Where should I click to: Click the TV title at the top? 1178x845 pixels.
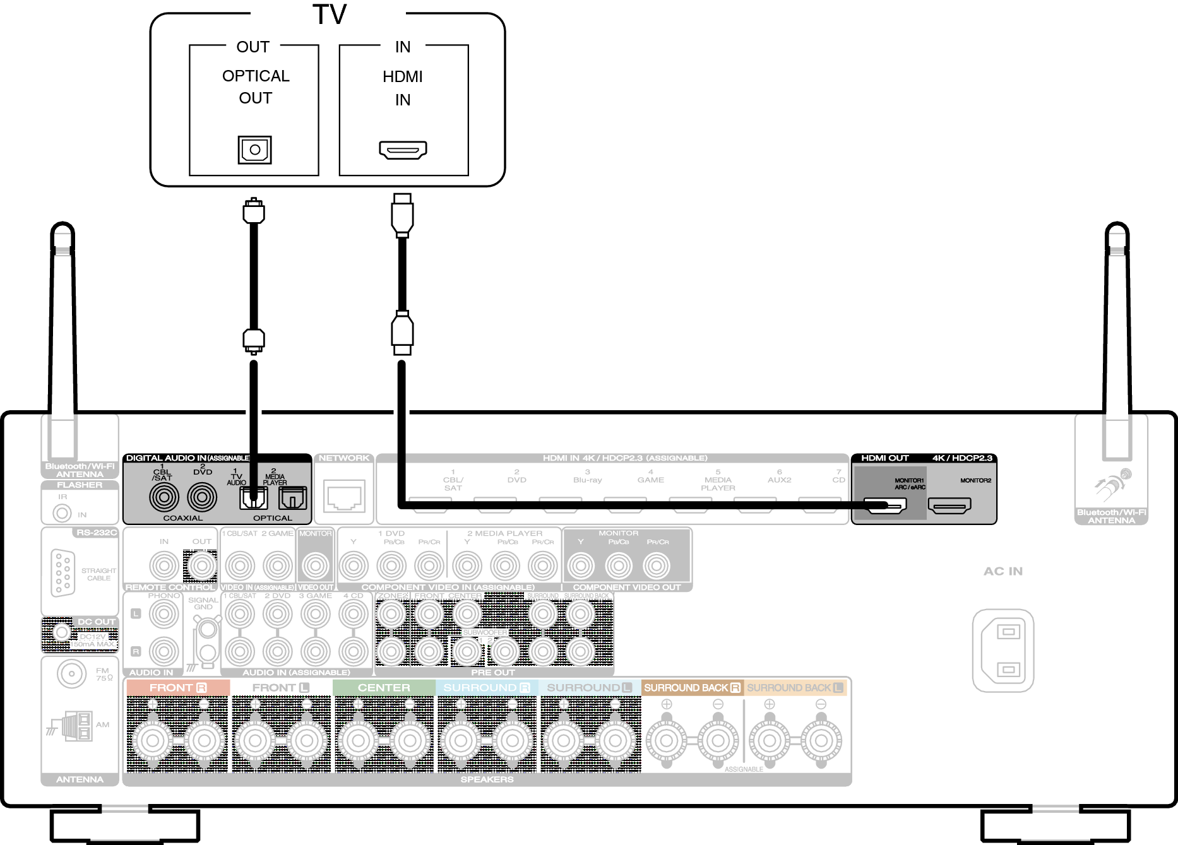[329, 15]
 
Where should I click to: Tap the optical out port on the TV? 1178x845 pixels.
[254, 150]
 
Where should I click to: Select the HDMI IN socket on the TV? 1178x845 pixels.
[403, 150]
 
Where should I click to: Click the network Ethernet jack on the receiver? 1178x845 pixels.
[344, 496]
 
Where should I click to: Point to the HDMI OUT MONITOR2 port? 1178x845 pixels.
[949, 505]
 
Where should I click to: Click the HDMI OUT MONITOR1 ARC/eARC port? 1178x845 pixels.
[885, 505]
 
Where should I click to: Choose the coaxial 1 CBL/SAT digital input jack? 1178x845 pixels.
[164, 497]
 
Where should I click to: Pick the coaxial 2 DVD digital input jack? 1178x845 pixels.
[202, 497]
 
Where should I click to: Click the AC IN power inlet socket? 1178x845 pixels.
[1002, 650]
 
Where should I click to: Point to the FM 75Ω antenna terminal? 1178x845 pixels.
[71, 674]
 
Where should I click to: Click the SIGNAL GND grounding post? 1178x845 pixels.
[208, 629]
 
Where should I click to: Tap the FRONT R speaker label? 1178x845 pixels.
[178, 688]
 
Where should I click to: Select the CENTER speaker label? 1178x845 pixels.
[384, 688]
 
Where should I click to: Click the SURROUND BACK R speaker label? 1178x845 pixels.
[692, 688]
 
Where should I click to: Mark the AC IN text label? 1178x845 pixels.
[1002, 571]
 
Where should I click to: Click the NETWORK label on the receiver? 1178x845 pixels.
[344, 458]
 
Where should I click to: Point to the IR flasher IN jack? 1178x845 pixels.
[62, 513]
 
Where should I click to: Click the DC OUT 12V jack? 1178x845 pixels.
[61, 632]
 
